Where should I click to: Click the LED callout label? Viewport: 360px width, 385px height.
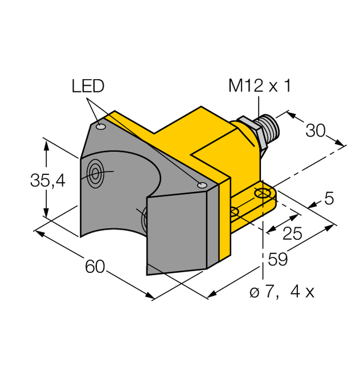88,86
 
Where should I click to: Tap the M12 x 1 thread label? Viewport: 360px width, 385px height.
259,86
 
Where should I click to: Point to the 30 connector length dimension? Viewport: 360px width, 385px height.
316,130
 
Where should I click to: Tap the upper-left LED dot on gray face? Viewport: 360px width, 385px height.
101,127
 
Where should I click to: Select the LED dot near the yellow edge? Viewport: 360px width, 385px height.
201,185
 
